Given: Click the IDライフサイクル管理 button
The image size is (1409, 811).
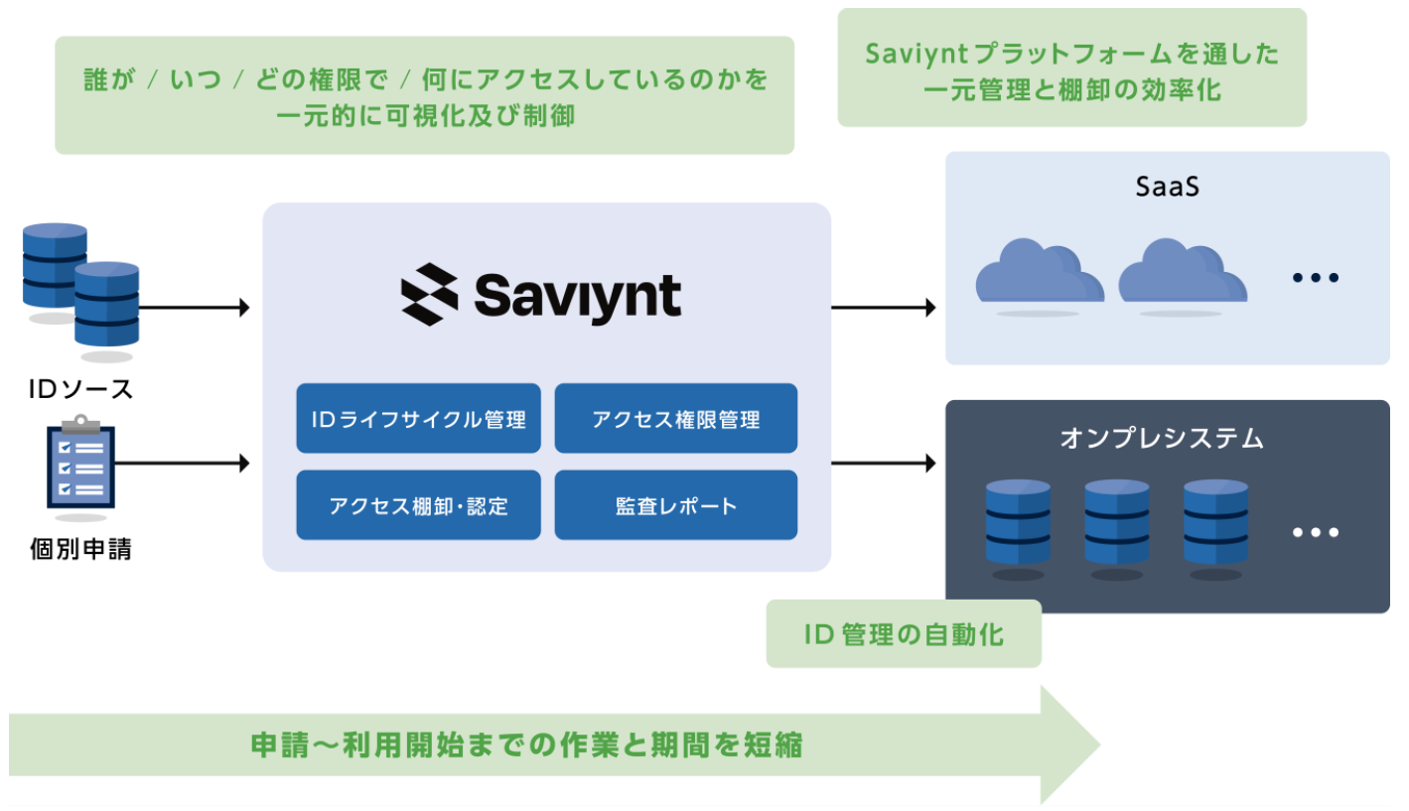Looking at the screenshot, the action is pyautogui.click(x=418, y=418).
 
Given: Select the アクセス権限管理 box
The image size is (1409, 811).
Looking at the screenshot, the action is pyautogui.click(x=676, y=418).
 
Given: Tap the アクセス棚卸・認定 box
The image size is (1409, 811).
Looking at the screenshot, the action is pyautogui.click(x=418, y=505).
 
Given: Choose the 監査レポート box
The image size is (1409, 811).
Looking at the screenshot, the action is pyautogui.click(x=676, y=505).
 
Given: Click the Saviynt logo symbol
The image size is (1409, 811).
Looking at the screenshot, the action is pyautogui.click(x=430, y=294).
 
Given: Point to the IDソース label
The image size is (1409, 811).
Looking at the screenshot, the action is pyautogui.click(x=80, y=389).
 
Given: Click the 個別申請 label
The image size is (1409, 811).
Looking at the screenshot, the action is pyautogui.click(x=80, y=549).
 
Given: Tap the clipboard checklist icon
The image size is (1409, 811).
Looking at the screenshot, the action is pyautogui.click(x=80, y=463).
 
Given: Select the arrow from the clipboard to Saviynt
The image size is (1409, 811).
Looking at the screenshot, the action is pyautogui.click(x=183, y=464).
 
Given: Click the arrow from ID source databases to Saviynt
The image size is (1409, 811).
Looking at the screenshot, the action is pyautogui.click(x=195, y=308).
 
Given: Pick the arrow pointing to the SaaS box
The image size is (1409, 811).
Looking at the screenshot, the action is pyautogui.click(x=884, y=308).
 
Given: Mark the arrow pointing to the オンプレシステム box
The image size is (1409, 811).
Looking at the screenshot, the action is pyautogui.click(x=884, y=464).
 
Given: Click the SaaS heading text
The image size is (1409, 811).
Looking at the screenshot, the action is pyautogui.click(x=1168, y=187).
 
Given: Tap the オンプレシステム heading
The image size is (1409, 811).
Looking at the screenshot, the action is pyautogui.click(x=1162, y=438).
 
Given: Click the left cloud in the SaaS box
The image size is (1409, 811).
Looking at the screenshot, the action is pyautogui.click(x=1040, y=270).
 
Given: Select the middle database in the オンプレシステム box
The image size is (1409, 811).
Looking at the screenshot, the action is pyautogui.click(x=1116, y=522).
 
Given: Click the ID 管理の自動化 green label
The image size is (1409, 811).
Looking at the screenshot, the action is pyautogui.click(x=904, y=633).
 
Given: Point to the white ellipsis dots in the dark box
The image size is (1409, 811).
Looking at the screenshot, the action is pyautogui.click(x=1316, y=532).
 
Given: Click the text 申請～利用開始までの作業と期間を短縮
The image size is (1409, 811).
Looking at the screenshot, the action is pyautogui.click(x=527, y=744).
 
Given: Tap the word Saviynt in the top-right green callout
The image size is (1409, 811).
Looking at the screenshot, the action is pyautogui.click(x=916, y=54).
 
